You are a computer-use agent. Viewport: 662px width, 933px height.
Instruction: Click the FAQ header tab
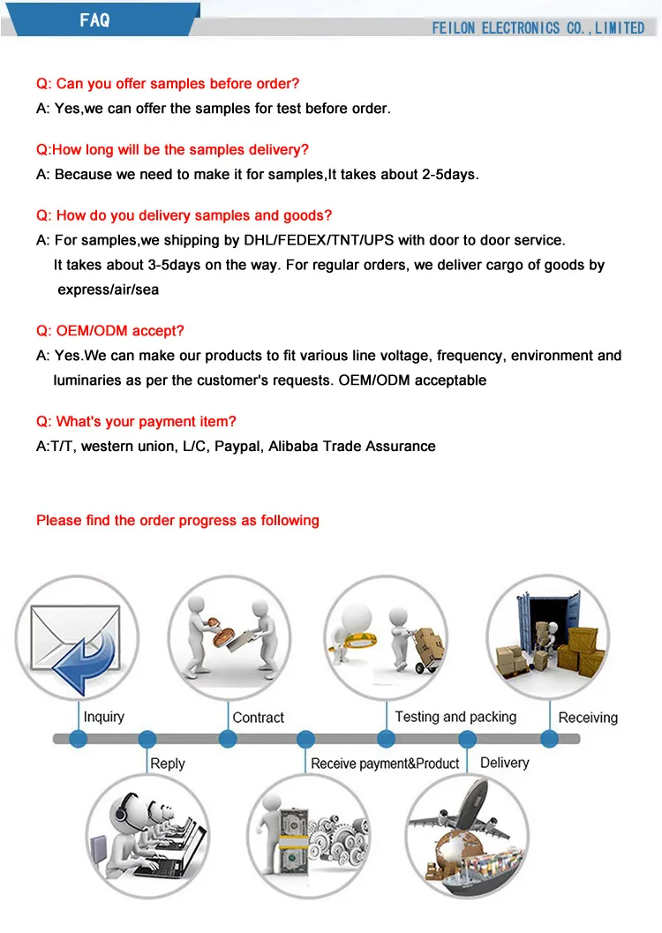[x=94, y=19]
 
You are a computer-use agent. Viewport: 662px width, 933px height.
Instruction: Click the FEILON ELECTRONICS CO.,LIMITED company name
[x=538, y=28]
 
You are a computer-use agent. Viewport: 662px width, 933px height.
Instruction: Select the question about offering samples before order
[x=168, y=84]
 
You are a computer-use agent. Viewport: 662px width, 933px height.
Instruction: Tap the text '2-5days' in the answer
[x=451, y=174]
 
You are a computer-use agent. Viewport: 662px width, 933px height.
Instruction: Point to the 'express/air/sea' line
[x=108, y=290]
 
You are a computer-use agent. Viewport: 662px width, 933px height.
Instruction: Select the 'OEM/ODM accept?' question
[x=110, y=331]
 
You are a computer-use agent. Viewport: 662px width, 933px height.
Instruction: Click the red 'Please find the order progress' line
[x=177, y=520]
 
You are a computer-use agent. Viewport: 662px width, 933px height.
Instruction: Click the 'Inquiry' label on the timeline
[x=104, y=717]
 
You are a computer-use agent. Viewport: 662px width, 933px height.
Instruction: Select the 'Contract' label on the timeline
[x=259, y=718]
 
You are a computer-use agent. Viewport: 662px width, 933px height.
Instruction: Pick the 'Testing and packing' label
[x=455, y=717]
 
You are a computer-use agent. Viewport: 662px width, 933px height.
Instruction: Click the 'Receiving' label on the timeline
[x=588, y=718]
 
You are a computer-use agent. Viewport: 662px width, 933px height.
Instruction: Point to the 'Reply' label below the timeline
[x=168, y=763]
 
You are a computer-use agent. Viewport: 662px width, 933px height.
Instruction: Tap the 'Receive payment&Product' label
[x=385, y=763]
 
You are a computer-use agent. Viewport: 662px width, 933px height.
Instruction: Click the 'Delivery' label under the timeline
[x=504, y=762]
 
